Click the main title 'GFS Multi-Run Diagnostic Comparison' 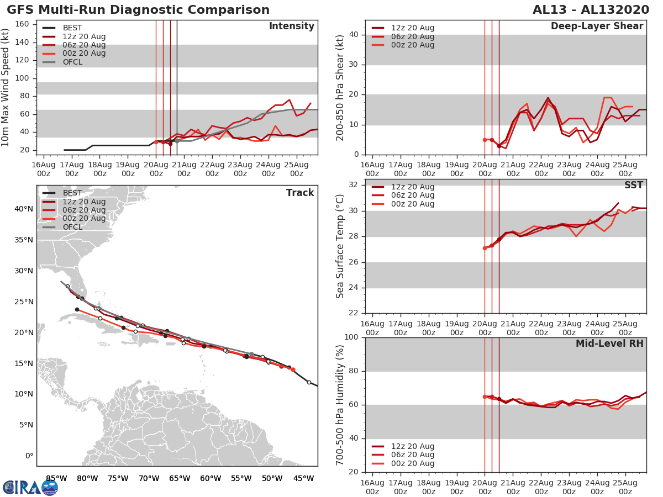tap(138, 10)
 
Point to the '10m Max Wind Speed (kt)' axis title tap(6, 88)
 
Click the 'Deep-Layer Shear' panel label tap(597, 27)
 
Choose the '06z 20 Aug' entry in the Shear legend tap(412, 36)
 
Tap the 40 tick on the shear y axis tap(355, 35)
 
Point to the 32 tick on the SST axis tap(355, 185)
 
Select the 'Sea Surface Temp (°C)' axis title tap(340, 246)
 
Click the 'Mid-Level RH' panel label tap(609, 343)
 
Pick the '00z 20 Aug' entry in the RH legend tap(412, 463)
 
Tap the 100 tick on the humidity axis tap(352, 337)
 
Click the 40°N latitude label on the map tap(24, 209)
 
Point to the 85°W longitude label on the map tap(56, 478)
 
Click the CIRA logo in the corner tap(30, 487)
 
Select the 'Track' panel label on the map tap(299, 193)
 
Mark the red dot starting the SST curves tap(485, 248)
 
